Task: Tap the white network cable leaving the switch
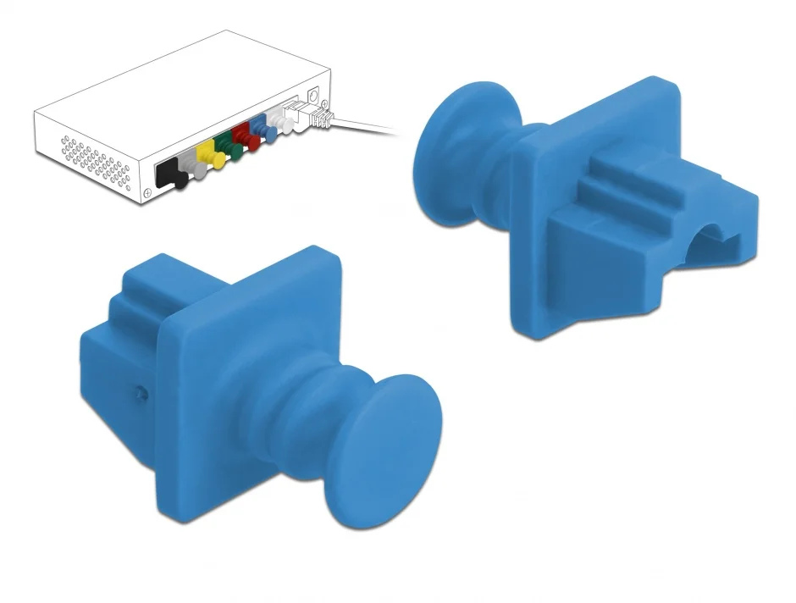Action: coord(364,127)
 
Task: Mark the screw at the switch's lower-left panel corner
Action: coord(149,194)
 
